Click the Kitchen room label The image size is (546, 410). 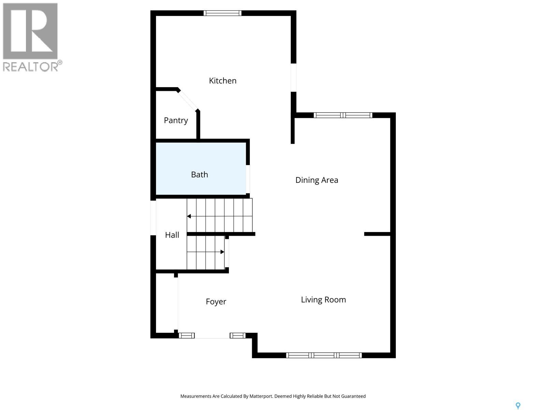(x=222, y=81)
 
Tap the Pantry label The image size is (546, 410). (x=176, y=120)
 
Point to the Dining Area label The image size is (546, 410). (x=317, y=180)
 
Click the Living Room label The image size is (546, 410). (x=323, y=300)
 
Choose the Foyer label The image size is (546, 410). (x=216, y=301)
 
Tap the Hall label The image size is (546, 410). (x=172, y=235)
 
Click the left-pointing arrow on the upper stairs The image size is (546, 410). (x=189, y=216)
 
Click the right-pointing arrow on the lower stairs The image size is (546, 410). (x=222, y=252)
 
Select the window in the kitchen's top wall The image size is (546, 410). (x=222, y=13)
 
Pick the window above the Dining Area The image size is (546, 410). (x=343, y=115)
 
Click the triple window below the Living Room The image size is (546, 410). (x=324, y=355)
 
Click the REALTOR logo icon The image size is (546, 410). (x=30, y=31)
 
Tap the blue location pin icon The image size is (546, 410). (x=518, y=406)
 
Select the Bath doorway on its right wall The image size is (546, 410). (x=248, y=179)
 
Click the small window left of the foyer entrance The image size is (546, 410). (x=186, y=336)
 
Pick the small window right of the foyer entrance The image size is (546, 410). (x=238, y=336)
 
